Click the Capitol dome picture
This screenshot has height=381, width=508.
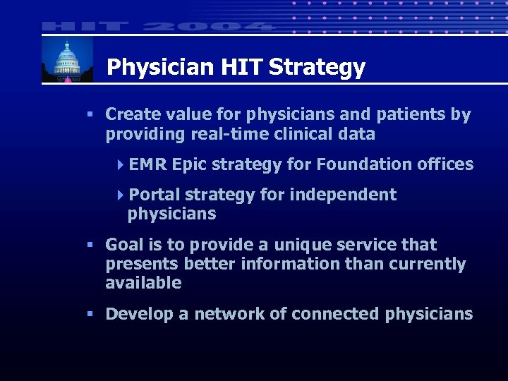pos(67,60)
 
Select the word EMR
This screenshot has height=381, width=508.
pos(148,164)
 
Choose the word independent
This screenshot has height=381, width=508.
pos(343,195)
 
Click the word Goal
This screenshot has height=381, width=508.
pos(124,245)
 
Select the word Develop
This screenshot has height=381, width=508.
pos(139,314)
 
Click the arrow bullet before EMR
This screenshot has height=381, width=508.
pos(121,164)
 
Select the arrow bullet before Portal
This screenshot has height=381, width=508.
pos(121,195)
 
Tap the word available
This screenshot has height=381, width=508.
pos(143,283)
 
